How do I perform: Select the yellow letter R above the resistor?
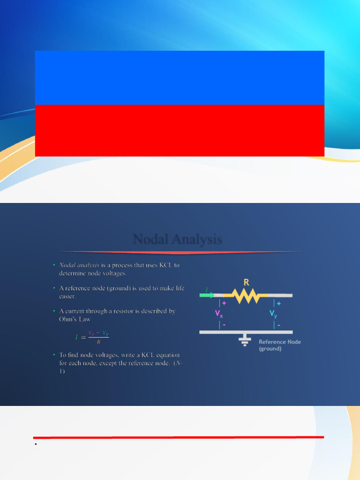pyautogui.click(x=246, y=282)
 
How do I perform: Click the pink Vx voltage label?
pyautogui.click(x=219, y=314)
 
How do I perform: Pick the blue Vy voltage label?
pyautogui.click(x=273, y=314)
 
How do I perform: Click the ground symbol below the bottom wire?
pyautogui.click(x=244, y=340)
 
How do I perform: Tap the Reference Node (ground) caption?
pyautogui.click(x=279, y=345)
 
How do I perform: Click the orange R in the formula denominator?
pyautogui.click(x=98, y=342)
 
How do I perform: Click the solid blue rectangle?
pyautogui.click(x=180, y=78)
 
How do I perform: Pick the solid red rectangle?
pyautogui.click(x=180, y=130)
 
